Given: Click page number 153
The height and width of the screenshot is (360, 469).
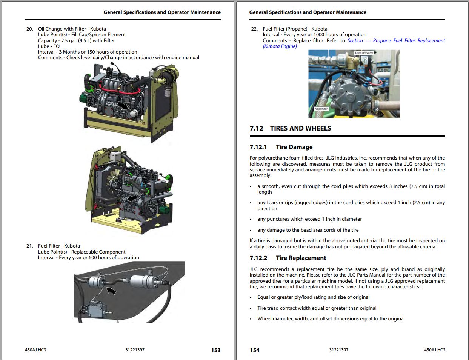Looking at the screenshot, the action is click(215, 350).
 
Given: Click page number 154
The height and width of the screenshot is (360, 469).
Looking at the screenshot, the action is click(254, 350).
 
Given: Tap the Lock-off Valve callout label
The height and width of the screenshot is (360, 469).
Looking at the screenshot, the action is click(364, 53).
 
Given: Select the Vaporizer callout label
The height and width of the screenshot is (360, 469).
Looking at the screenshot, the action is click(321, 109).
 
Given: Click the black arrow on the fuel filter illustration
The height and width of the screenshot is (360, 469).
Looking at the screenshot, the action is click(111, 290).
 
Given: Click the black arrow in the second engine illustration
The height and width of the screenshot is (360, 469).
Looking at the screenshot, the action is click(132, 198).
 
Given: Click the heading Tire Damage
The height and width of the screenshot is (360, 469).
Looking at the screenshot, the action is click(294, 147).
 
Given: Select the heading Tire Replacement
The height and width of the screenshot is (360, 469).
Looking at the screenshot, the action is click(301, 258).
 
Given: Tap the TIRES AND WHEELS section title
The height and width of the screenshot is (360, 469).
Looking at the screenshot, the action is click(300, 128).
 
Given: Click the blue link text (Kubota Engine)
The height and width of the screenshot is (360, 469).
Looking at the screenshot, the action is click(280, 46).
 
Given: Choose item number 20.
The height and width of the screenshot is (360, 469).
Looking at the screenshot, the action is click(29, 29).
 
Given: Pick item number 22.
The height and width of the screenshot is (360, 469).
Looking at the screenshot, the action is click(254, 29).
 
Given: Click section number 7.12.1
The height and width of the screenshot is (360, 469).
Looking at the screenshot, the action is click(258, 147).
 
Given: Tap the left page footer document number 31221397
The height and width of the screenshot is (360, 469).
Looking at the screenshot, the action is click(135, 350).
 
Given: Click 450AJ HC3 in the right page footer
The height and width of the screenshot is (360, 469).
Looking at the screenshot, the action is click(435, 350).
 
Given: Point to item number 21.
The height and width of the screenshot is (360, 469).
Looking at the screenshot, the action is click(29, 246).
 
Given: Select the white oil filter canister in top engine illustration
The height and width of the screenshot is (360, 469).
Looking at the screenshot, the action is click(134, 113).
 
